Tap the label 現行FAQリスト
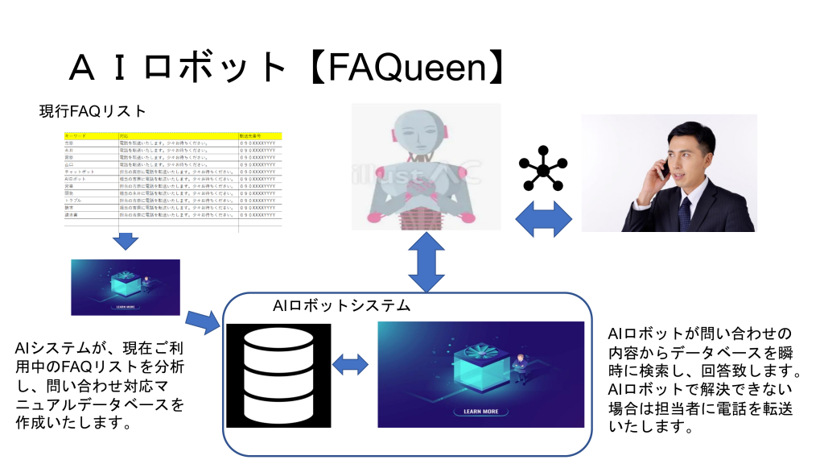pos(93,111)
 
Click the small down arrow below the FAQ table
pos(126,240)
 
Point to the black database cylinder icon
pos(278,375)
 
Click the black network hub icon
pos(543,169)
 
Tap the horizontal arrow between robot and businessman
pos(542,219)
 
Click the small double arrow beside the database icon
pos(350,365)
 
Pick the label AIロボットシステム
pos(342,306)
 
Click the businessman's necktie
pos(685,212)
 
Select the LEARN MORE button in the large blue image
pos(480,412)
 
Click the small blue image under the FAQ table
pos(126,287)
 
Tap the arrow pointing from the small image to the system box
pos(202,322)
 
